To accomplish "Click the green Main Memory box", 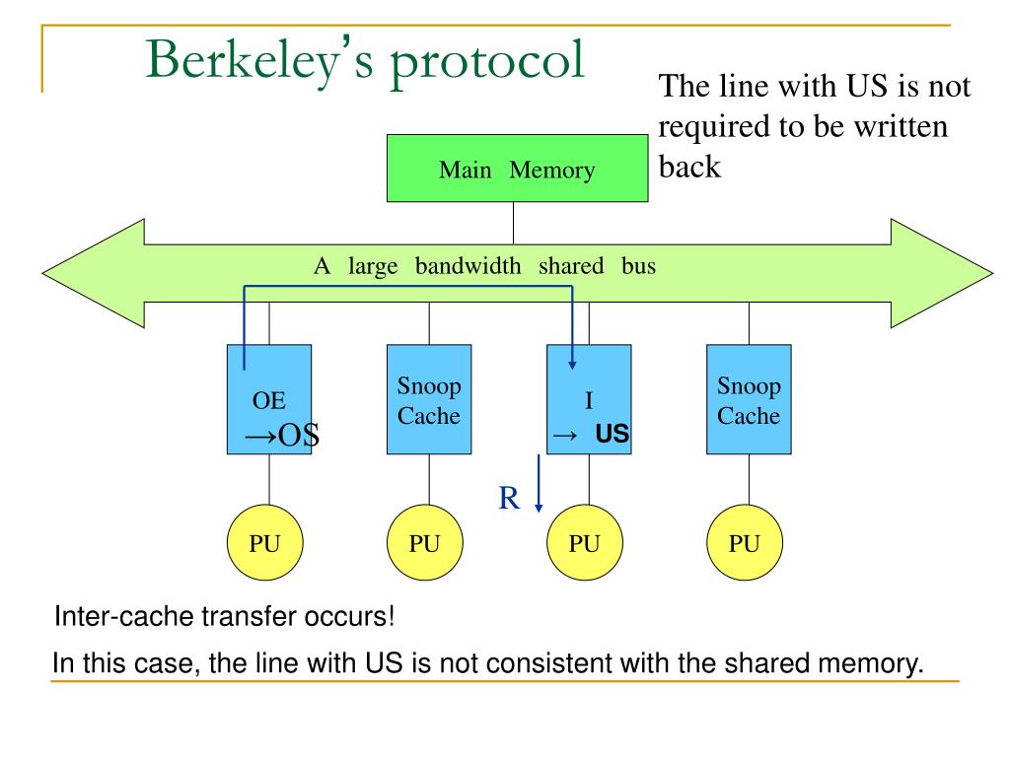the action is (517, 169).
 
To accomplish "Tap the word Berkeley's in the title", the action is (259, 61).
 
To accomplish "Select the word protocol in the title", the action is (487, 62).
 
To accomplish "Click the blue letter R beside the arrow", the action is (509, 498).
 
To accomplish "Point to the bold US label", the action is (612, 434).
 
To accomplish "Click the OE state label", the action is (268, 400).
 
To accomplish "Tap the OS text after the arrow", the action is (298, 436).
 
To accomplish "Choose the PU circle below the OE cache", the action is (264, 543).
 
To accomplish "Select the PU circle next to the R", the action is (584, 543).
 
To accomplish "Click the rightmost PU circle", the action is (744, 543).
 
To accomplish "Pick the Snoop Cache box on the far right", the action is (749, 399).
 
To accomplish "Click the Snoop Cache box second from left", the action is (429, 399).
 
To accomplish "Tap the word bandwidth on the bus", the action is (468, 266).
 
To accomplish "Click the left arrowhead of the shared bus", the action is (42, 273).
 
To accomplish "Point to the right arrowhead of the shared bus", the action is (992, 273).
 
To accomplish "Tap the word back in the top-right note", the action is (689, 167).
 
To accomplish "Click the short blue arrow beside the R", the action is (539, 483).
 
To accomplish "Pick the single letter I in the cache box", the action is (589, 400).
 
